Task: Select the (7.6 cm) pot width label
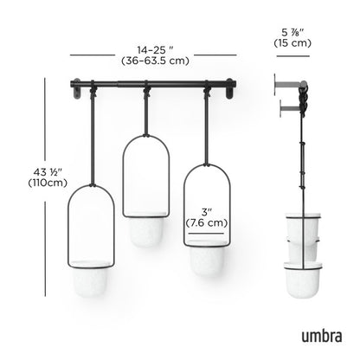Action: (x=207, y=222)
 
